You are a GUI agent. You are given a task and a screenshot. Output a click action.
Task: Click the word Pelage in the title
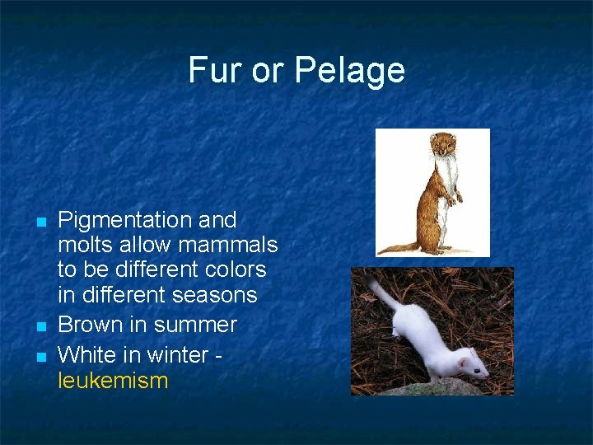(x=349, y=71)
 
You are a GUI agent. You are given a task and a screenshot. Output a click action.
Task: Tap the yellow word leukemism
(x=113, y=381)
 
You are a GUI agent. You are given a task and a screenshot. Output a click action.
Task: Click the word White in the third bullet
(x=89, y=355)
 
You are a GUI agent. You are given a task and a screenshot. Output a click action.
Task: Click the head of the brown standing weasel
(x=443, y=146)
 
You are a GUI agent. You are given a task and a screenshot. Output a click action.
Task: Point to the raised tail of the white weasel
(x=381, y=292)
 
